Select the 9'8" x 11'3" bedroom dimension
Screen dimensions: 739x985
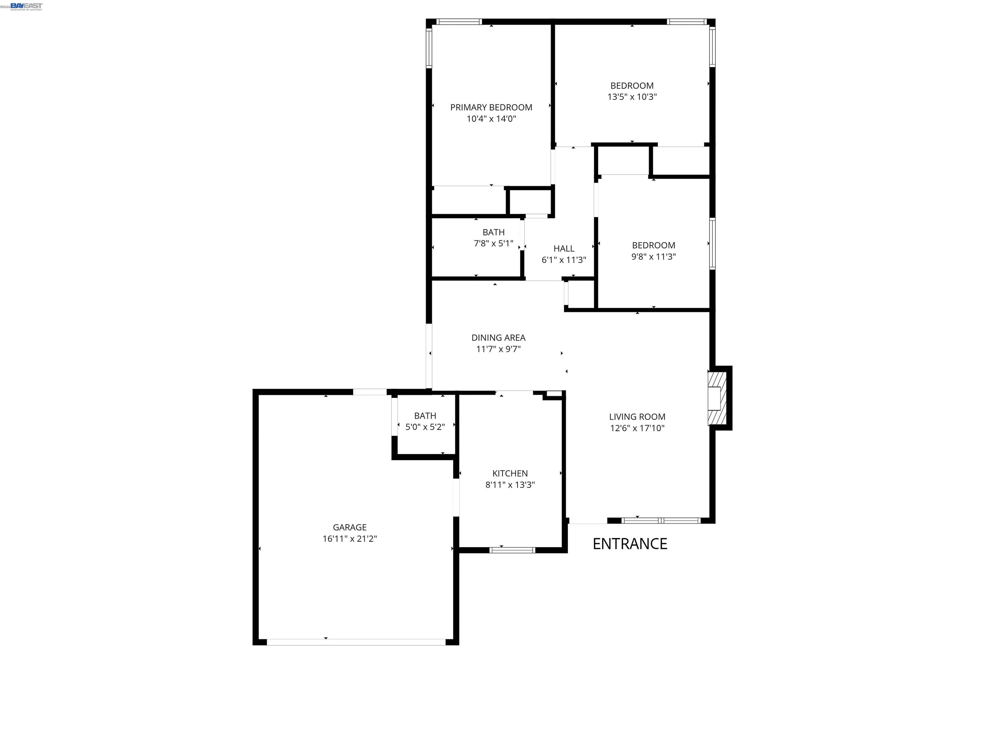click(x=653, y=257)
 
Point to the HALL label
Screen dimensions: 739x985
click(x=564, y=249)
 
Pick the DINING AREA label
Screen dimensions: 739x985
click(x=498, y=338)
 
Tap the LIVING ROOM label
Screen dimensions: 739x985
click(x=637, y=417)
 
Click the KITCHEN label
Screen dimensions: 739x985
click(x=510, y=473)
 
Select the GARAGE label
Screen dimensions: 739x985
click(x=349, y=527)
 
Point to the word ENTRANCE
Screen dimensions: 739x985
click(x=630, y=544)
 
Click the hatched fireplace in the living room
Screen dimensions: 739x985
click(x=717, y=398)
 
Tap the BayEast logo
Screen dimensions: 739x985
click(x=26, y=6)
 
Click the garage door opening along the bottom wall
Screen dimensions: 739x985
click(x=356, y=642)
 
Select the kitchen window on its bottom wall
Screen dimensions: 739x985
click(x=512, y=550)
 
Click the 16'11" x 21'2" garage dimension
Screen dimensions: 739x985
click(x=349, y=539)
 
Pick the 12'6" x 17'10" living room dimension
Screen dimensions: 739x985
click(x=637, y=429)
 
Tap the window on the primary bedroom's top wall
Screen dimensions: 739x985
click(x=459, y=21)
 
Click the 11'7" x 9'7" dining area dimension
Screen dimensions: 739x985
click(x=498, y=349)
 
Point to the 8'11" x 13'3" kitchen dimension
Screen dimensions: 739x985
click(x=510, y=485)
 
